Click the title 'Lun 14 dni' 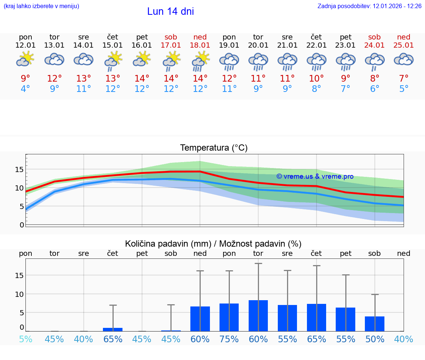(x=170, y=11)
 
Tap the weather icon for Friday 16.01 (x=142, y=59)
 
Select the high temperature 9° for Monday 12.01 (x=25, y=79)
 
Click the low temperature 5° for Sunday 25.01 (x=404, y=89)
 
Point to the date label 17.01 (x=171, y=45)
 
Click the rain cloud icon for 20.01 (x=258, y=61)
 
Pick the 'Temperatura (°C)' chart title (x=214, y=148)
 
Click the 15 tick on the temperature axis (x=19, y=169)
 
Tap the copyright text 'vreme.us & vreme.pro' (x=315, y=176)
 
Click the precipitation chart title (x=213, y=244)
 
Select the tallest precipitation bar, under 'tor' (x=258, y=316)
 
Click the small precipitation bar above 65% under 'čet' (x=113, y=329)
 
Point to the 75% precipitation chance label (x=229, y=339)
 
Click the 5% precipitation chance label (x=25, y=339)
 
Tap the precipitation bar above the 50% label (x=375, y=324)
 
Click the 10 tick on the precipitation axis (x=19, y=294)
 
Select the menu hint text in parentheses (x=41, y=6)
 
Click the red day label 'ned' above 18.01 (x=200, y=37)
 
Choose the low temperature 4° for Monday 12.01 (x=25, y=89)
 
